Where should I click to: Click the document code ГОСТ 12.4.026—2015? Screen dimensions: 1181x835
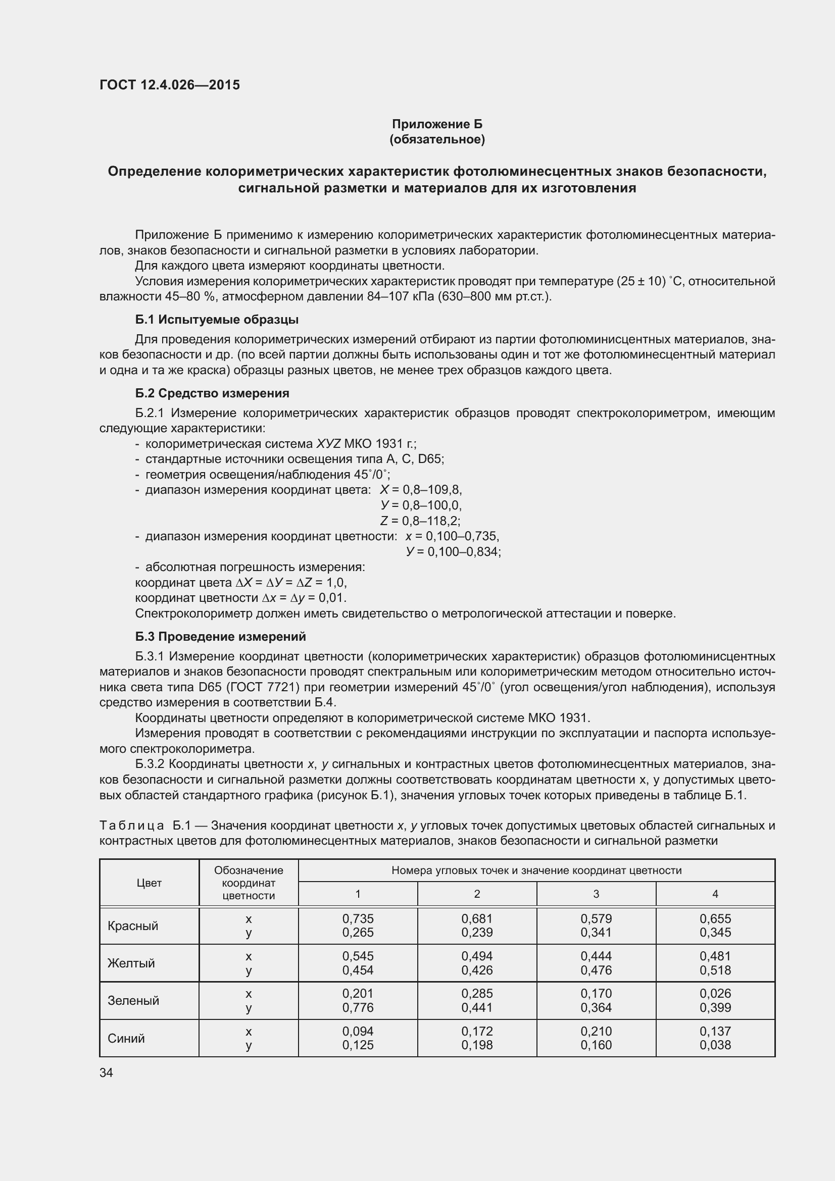[x=169, y=85]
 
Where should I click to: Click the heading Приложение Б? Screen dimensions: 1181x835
[x=437, y=124]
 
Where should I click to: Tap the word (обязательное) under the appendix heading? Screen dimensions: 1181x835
[x=437, y=139]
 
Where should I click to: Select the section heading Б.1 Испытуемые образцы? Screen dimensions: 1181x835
[x=217, y=320]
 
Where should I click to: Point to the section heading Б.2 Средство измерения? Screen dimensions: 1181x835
[x=212, y=393]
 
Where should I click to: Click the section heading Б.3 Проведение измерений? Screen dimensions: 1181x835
[x=220, y=636]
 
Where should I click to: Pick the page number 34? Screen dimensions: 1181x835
[x=106, y=1072]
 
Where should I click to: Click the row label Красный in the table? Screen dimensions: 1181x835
[x=133, y=926]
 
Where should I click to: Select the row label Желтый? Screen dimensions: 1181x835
[x=131, y=963]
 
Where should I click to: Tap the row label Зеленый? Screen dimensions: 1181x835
[x=133, y=1000]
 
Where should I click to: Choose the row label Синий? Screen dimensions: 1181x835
[x=127, y=1038]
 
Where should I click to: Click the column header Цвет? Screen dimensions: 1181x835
[x=149, y=883]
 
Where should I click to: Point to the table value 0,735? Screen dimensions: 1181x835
[x=358, y=918]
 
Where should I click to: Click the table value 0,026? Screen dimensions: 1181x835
[x=715, y=993]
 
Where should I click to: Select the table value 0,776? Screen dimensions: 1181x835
[x=358, y=1007]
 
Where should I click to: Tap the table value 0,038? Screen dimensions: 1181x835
[x=715, y=1045]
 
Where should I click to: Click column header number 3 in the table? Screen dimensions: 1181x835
[x=596, y=894]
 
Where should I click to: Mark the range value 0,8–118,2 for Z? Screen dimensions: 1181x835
[x=430, y=521]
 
